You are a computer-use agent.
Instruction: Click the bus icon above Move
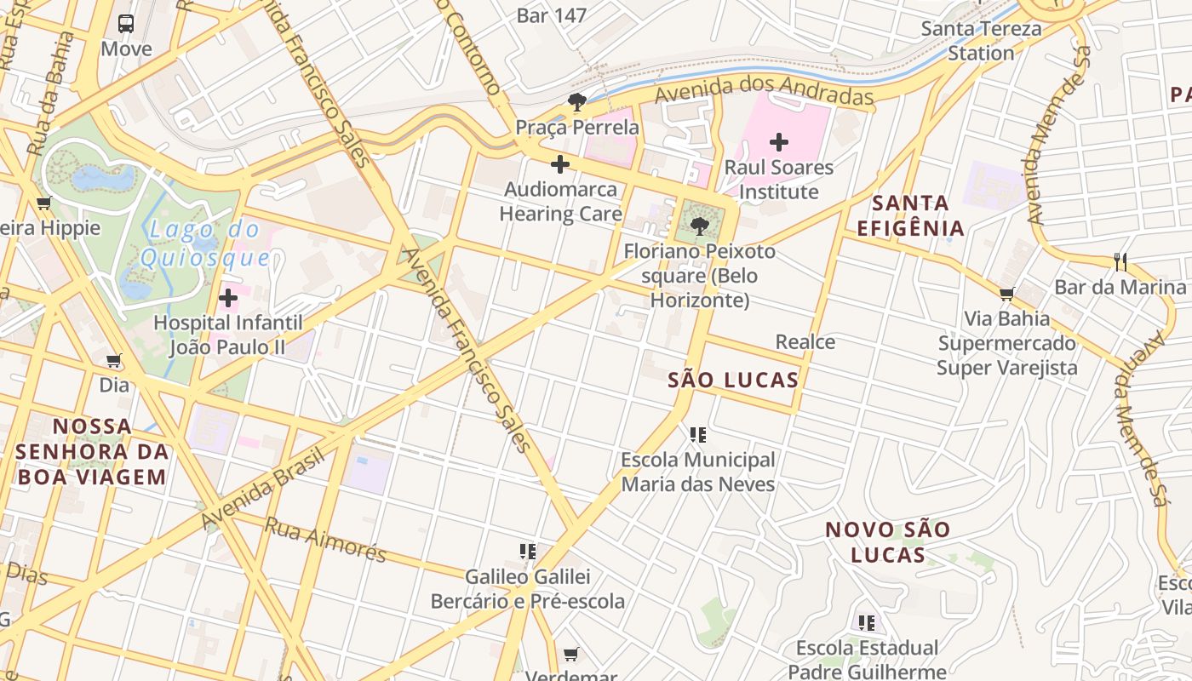126,23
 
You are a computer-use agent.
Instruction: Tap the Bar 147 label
552,15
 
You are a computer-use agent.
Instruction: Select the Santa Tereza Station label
981,40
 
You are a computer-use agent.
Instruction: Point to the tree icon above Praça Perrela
577,103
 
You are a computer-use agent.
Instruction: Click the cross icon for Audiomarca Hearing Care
560,164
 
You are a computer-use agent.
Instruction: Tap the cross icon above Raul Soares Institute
778,142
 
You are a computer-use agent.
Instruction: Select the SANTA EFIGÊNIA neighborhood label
910,215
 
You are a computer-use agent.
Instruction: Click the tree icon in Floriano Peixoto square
700,226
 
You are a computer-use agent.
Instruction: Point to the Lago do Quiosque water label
204,243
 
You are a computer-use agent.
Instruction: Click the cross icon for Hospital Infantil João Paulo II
228,298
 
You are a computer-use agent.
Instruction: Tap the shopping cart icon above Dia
114,361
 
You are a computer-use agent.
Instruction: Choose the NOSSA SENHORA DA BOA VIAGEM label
92,451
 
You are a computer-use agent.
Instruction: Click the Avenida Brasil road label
265,487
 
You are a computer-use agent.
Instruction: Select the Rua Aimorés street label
325,540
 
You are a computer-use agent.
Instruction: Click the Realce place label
805,342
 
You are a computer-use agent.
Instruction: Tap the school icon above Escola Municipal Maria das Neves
698,435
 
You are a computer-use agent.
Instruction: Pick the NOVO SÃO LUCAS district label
887,542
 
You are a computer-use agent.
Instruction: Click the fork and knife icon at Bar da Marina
1120,262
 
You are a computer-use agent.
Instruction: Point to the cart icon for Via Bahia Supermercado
1006,295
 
